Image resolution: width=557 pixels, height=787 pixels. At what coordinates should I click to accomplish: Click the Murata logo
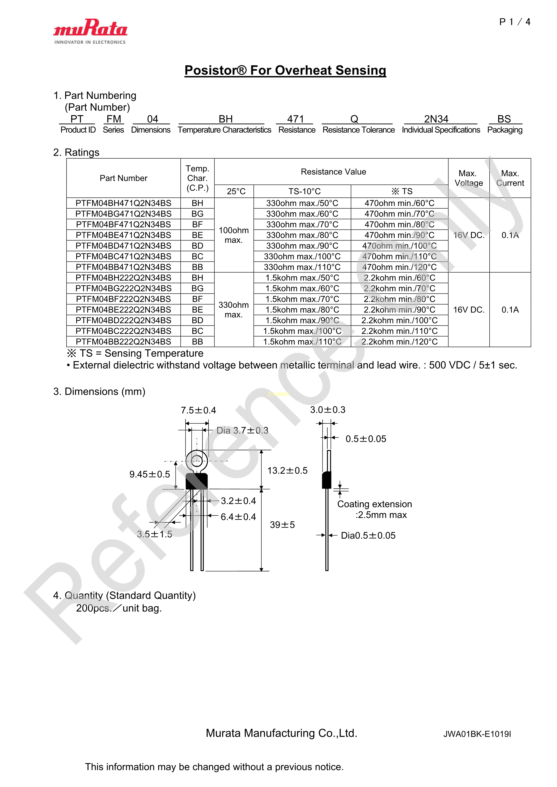(90, 31)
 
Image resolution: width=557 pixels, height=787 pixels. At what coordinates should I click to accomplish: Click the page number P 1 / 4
(515, 22)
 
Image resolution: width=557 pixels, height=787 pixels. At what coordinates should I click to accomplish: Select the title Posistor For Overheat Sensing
(285, 70)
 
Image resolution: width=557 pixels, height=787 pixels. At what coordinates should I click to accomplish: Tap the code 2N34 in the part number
(436, 119)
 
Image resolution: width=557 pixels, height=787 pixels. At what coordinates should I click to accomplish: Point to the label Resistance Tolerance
(358, 130)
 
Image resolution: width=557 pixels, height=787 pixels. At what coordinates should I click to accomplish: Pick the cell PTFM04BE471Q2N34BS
(123, 235)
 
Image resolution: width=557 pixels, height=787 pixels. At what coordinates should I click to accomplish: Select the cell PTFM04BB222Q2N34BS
(123, 342)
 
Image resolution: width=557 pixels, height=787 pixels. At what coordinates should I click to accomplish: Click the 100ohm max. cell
(233, 235)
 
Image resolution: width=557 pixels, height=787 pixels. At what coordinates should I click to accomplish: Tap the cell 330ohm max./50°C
(302, 203)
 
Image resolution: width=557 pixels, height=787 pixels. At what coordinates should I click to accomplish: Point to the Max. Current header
(510, 178)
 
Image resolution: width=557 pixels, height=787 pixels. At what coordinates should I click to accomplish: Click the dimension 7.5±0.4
(198, 410)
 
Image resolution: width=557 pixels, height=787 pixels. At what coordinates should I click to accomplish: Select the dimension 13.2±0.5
(287, 471)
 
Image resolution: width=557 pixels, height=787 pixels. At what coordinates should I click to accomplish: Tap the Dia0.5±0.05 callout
(368, 536)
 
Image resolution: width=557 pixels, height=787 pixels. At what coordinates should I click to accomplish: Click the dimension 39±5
(282, 525)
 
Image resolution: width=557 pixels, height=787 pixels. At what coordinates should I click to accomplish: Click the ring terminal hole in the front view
(197, 461)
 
